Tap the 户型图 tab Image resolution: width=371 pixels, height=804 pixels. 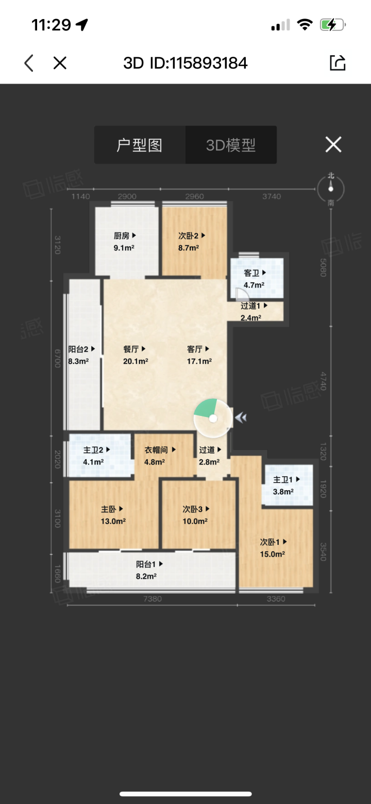(x=140, y=145)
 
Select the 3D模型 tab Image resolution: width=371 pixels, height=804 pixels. (x=231, y=145)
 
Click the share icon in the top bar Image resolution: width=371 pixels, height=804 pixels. (x=338, y=63)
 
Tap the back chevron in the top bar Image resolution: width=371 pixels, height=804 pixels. (x=29, y=63)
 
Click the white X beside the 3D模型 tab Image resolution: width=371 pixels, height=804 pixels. (x=333, y=144)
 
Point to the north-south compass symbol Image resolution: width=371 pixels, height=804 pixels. (x=330, y=189)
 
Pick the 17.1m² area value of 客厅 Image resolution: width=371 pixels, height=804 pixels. (x=199, y=361)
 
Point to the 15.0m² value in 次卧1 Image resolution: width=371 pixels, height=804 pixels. (x=273, y=554)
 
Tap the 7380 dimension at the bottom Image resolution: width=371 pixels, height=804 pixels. (x=153, y=599)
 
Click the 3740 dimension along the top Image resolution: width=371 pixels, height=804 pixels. (x=272, y=196)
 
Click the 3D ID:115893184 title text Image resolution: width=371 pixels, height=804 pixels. (x=185, y=63)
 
